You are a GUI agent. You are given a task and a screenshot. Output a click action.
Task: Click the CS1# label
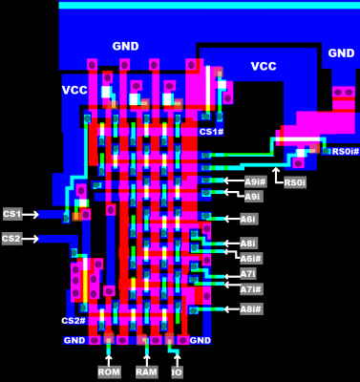click(x=211, y=131)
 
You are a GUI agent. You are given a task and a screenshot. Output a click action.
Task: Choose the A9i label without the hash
click(x=252, y=196)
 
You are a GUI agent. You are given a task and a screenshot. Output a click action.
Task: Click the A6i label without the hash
click(x=247, y=219)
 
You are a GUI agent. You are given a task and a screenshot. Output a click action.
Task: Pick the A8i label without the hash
click(x=247, y=244)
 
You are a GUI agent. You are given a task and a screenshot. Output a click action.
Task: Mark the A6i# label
click(x=250, y=258)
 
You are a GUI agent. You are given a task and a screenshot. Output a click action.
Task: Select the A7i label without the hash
click(x=247, y=274)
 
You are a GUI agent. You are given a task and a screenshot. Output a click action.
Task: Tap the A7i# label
click(x=250, y=288)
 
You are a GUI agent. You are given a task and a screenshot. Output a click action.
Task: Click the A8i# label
click(x=250, y=308)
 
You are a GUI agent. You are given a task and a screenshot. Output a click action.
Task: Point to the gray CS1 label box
click(x=12, y=214)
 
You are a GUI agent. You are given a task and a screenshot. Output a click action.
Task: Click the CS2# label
click(x=74, y=321)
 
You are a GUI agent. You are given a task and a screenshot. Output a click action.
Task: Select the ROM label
click(x=110, y=371)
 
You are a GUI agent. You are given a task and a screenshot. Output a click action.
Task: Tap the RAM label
click(x=145, y=371)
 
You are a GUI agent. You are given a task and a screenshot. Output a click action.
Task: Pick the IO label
click(x=177, y=371)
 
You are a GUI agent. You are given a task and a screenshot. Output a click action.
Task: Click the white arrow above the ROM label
click(x=109, y=353)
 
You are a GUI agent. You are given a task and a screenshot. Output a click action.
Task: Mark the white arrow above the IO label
click(x=177, y=353)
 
